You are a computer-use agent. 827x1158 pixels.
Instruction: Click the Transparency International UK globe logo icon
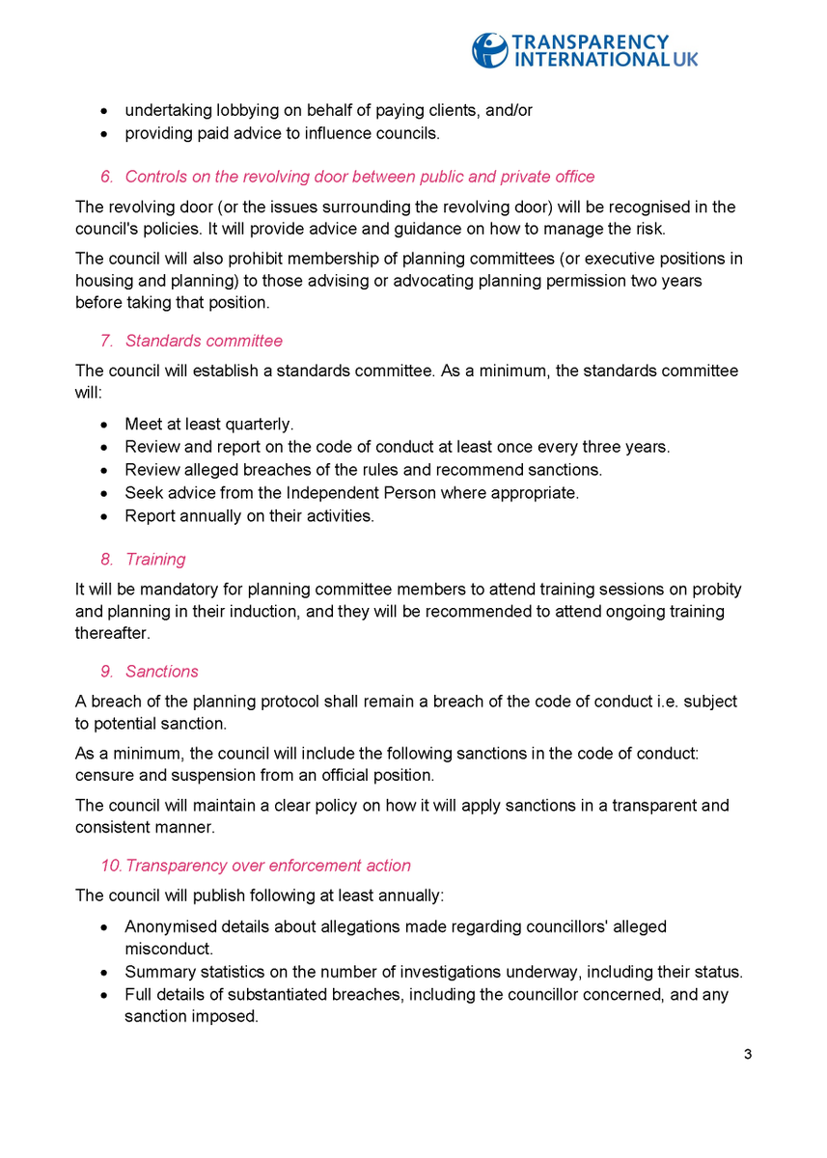489,50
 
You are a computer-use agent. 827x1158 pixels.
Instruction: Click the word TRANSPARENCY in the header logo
590,41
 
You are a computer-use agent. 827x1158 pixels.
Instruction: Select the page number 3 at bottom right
748,1054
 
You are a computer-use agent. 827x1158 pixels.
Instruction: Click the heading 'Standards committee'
204,341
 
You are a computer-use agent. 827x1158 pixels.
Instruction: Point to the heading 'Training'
155,559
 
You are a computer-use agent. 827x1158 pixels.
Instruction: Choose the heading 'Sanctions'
162,671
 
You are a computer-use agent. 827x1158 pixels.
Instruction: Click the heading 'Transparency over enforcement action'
267,866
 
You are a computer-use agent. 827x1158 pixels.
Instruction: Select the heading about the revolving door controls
359,176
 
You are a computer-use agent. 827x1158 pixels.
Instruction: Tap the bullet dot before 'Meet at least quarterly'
104,425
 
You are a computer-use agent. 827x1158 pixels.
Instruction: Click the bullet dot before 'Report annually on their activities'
104,517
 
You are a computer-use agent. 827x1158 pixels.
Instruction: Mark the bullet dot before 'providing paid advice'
104,134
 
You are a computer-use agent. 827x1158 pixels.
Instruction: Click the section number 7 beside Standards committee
106,341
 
